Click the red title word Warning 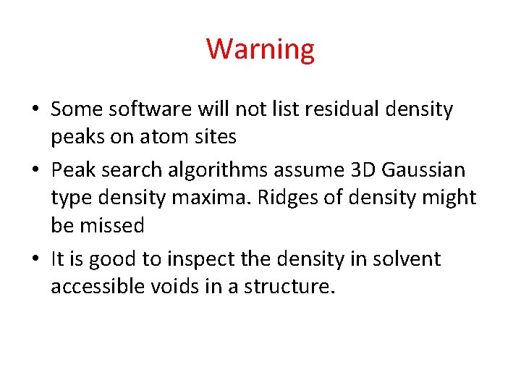pyautogui.click(x=260, y=49)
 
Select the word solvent pyautogui.click(x=406, y=258)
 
